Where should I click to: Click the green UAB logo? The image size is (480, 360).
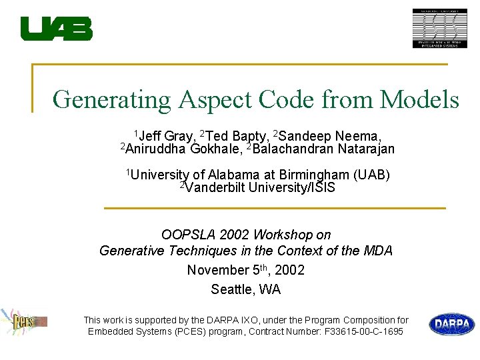[x=56, y=29]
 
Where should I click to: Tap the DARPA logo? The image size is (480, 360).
[x=451, y=325]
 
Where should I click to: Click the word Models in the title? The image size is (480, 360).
[x=419, y=100]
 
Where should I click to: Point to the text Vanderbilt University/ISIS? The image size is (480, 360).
[x=260, y=187]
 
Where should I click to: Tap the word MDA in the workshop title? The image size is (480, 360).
[x=378, y=251]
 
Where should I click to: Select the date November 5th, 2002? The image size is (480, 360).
[x=245, y=270]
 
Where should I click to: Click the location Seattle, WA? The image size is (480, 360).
[x=245, y=289]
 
